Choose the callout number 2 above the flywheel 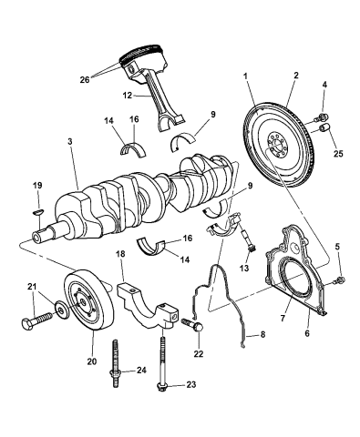click(x=294, y=77)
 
